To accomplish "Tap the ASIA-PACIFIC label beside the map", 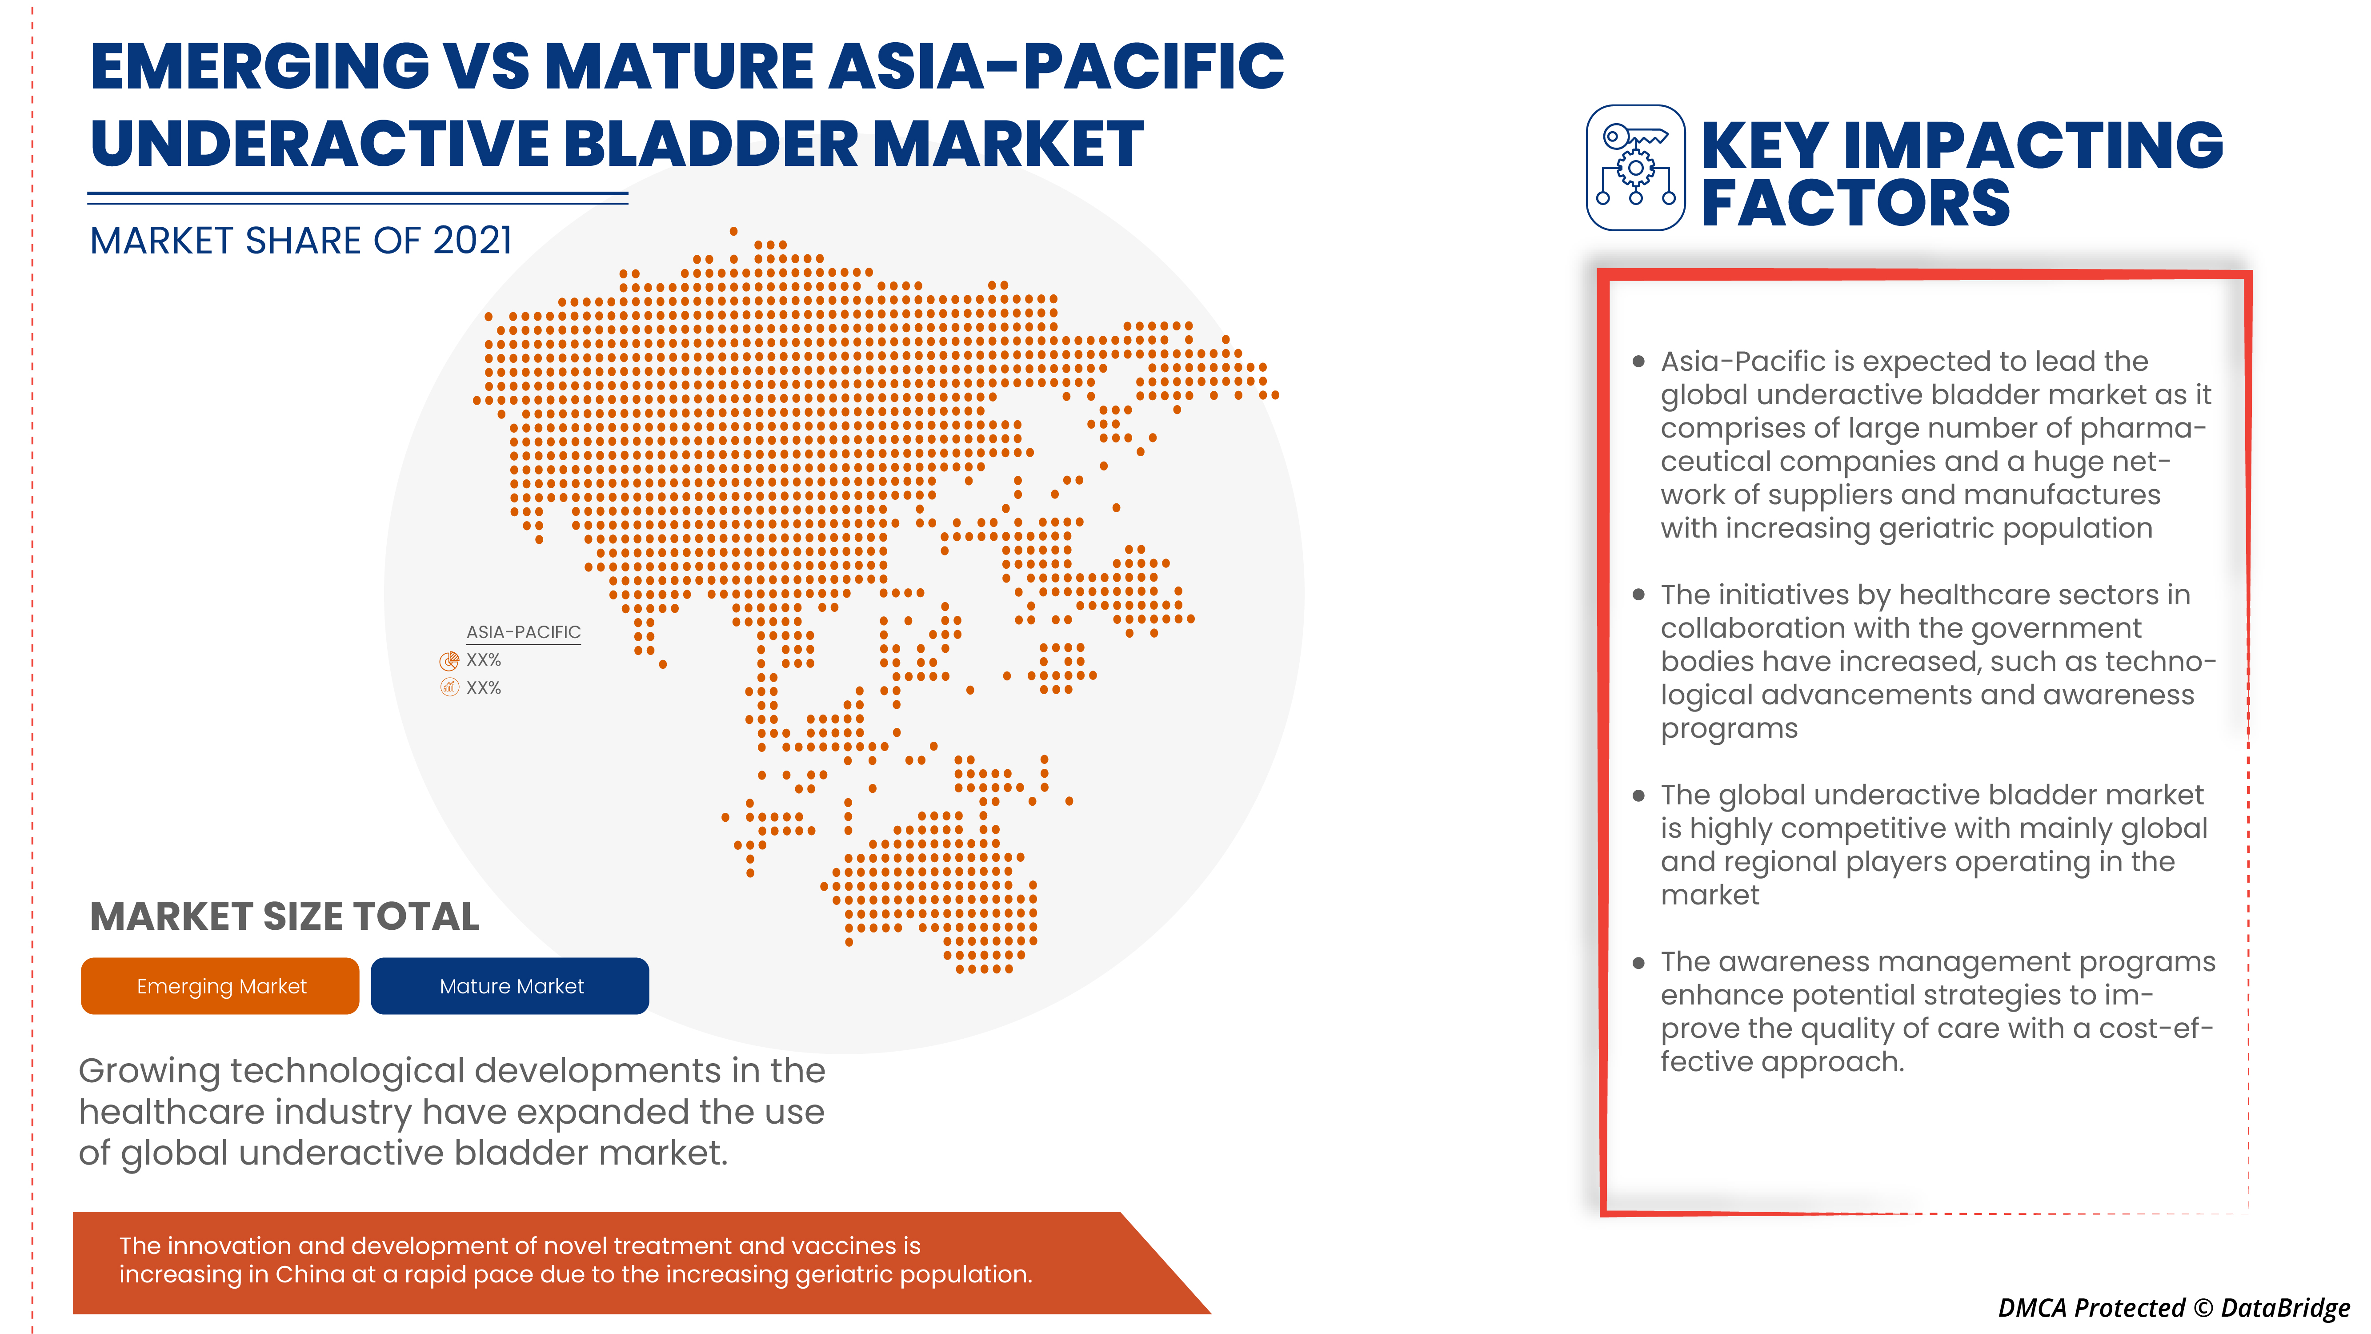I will tap(523, 631).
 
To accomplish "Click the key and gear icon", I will tap(1636, 168).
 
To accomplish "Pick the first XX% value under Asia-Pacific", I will tap(483, 660).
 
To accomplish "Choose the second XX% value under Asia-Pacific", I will tap(483, 688).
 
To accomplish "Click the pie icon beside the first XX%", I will tap(449, 660).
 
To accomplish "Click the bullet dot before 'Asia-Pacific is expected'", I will tap(1638, 362).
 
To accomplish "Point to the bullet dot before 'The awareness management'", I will tap(1638, 963).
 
